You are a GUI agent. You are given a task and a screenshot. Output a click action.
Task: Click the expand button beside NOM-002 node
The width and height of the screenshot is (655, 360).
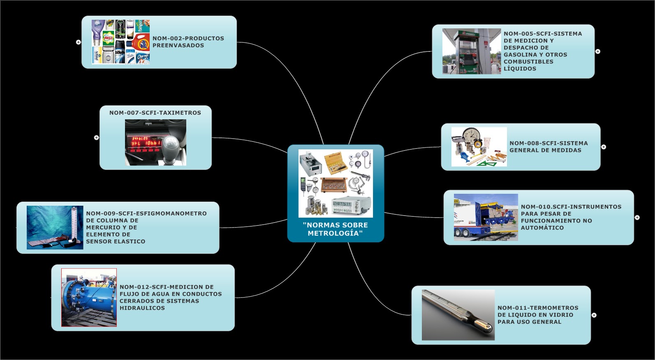tap(79, 42)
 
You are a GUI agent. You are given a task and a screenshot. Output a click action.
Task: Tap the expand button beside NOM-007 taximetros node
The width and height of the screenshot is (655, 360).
tap(97, 137)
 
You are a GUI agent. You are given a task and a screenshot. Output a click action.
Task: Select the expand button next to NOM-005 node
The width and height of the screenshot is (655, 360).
tap(598, 51)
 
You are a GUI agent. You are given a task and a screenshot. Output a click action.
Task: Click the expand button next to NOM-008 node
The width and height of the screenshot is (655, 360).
tap(604, 147)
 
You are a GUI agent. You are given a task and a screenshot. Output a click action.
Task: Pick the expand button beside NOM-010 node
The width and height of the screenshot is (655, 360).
tap(637, 217)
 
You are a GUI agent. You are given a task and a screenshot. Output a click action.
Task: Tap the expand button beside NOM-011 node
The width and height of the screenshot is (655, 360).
tap(594, 315)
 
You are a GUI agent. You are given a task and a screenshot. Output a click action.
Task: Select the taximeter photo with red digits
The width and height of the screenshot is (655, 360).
tap(155, 142)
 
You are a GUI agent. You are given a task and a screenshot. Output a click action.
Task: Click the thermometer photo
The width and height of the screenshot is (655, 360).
tap(458, 315)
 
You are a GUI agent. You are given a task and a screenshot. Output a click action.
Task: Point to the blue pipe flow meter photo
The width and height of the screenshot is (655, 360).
tap(89, 297)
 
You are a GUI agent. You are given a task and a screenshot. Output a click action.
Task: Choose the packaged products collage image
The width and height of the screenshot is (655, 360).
tap(120, 42)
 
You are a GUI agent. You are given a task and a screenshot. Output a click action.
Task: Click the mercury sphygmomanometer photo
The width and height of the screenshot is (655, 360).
tap(55, 227)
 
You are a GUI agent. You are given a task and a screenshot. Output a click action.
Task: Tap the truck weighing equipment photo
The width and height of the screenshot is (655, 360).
tap(486, 217)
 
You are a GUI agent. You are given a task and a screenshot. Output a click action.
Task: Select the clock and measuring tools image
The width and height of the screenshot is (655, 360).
tap(479, 147)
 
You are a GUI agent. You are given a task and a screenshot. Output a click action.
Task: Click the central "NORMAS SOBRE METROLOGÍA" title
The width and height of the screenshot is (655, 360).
tap(335, 229)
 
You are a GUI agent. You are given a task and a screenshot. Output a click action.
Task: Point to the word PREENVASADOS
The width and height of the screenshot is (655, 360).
tap(178, 46)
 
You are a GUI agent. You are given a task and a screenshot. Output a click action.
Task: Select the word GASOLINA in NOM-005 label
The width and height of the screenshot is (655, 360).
tap(518, 55)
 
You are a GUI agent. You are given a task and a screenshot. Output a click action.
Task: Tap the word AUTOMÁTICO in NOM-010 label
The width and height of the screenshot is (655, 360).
tap(542, 228)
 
